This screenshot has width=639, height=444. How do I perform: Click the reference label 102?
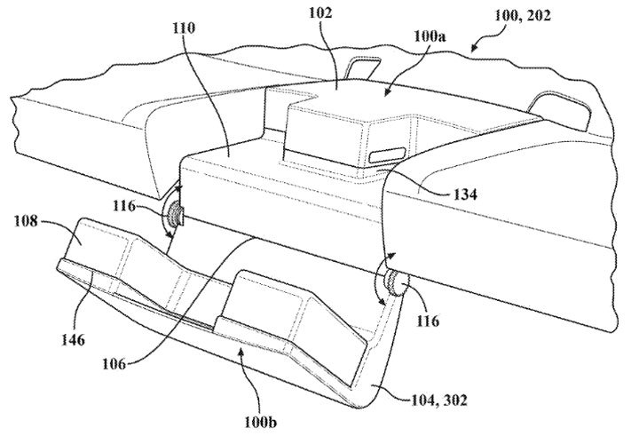click(x=320, y=12)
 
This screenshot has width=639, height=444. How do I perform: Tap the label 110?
click(x=184, y=28)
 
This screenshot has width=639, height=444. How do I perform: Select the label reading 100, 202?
click(x=523, y=15)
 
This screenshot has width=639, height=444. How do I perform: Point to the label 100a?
click(x=430, y=36)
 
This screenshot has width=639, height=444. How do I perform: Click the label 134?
click(x=465, y=194)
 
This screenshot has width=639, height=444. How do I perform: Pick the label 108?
click(x=26, y=221)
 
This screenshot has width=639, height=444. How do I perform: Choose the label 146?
click(x=73, y=339)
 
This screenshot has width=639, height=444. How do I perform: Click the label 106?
click(x=114, y=363)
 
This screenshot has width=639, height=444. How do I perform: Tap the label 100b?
click(x=260, y=422)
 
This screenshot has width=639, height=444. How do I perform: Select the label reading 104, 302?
click(x=438, y=400)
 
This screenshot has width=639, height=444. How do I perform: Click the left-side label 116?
click(x=124, y=206)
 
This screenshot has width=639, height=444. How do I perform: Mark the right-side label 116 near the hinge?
click(x=428, y=321)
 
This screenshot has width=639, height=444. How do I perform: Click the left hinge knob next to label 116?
click(x=176, y=215)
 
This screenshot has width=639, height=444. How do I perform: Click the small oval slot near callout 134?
click(x=388, y=155)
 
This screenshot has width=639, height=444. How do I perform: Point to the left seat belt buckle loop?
click(x=363, y=67)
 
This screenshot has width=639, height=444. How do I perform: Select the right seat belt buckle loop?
click(x=561, y=109)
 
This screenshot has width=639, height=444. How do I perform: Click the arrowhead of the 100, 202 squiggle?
click(x=473, y=49)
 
